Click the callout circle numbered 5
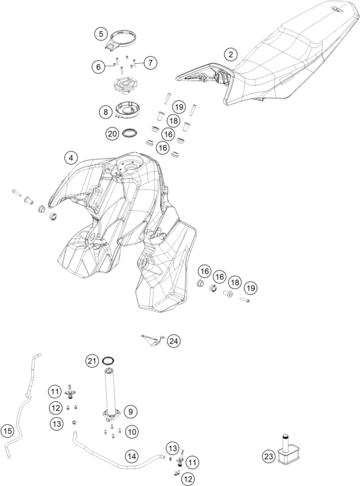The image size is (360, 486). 101,34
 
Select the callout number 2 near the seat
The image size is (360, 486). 230,55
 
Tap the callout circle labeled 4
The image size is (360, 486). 71,158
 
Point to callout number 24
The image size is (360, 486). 174,341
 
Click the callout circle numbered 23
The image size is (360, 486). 268,456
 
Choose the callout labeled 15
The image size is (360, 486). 7,431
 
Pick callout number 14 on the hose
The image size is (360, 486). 132,456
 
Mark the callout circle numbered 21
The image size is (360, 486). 92,361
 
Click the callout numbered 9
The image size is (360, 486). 131,412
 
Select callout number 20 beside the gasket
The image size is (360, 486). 112,134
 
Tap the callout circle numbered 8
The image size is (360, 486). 105,112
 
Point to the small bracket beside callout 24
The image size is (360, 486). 152,340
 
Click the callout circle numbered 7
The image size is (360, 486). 150,63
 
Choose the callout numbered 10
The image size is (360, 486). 132,431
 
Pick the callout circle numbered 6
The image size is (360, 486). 98,66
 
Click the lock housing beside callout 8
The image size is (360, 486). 128,111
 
